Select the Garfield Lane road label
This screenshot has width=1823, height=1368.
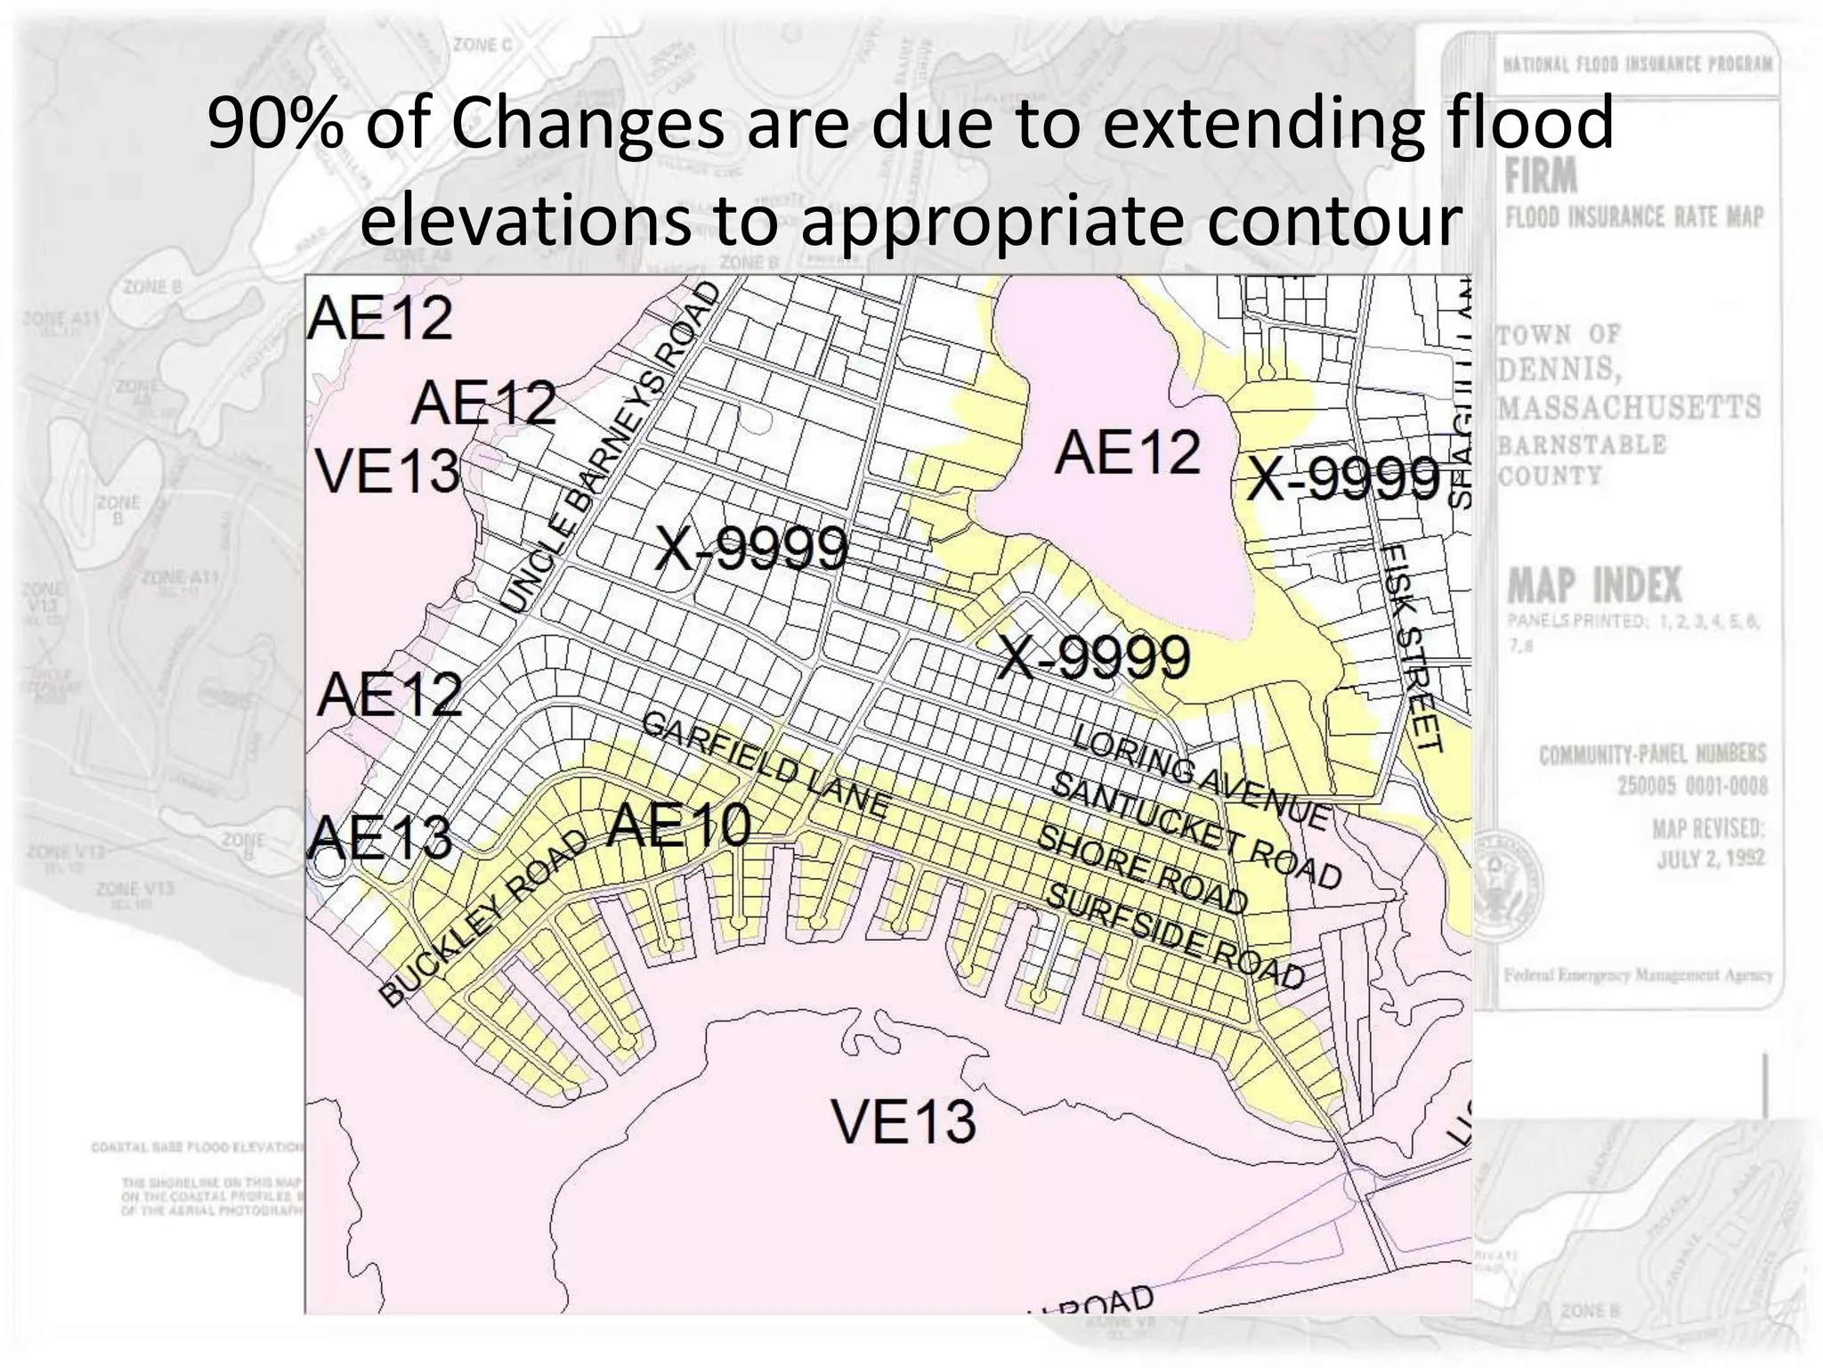[x=765, y=765]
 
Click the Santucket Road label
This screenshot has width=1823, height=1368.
[x=1195, y=830]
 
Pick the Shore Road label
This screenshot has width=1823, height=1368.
[x=1143, y=869]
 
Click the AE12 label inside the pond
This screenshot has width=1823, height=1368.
[x=1127, y=452]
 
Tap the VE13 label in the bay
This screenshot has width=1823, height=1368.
[x=903, y=1120]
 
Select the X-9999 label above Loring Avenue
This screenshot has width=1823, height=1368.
[x=1094, y=658]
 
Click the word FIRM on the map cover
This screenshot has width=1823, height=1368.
[x=1541, y=175]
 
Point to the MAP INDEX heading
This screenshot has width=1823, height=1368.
[x=1594, y=585]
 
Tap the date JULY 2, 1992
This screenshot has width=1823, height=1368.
[x=1710, y=859]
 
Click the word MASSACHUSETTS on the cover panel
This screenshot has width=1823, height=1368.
[x=1629, y=407]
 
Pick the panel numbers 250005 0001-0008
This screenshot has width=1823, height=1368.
[x=1692, y=786]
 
